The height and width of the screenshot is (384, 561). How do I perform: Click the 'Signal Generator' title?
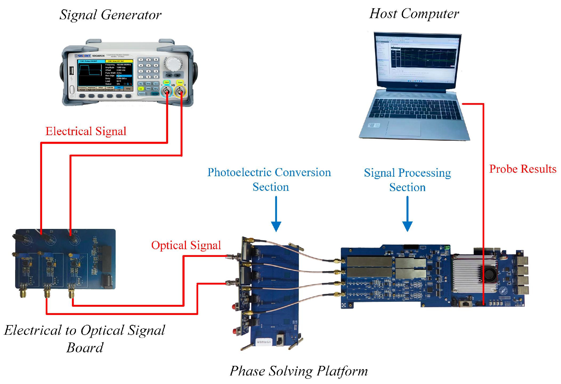(110, 15)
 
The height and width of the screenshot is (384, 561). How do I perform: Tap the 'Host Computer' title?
(414, 14)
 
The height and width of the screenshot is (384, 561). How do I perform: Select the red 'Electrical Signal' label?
(86, 131)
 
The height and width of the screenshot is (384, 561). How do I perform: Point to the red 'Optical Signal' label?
(186, 245)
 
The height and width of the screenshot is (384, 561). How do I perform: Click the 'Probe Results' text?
(523, 169)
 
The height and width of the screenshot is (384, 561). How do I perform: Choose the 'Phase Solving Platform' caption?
(299, 371)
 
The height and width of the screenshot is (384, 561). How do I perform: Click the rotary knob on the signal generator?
(174, 64)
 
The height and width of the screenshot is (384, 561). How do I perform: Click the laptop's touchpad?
(404, 128)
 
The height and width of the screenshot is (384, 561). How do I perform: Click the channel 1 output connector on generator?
(167, 92)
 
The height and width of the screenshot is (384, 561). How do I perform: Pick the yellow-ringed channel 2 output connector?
(180, 92)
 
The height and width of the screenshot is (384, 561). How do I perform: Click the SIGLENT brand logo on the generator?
(83, 56)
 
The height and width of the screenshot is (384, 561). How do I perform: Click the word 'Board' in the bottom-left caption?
(85, 348)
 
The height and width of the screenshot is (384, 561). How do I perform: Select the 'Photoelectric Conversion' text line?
(269, 172)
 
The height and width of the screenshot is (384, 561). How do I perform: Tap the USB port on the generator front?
(71, 71)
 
